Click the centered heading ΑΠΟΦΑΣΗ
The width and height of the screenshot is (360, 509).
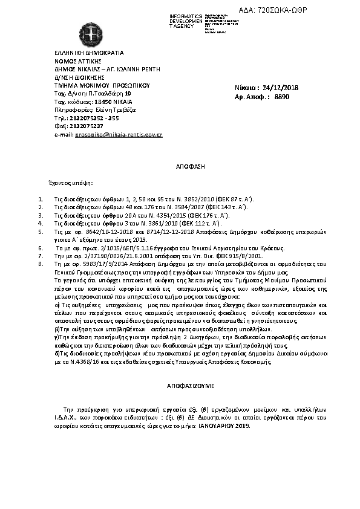tap(180, 165)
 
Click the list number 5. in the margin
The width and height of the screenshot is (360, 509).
tap(41, 231)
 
